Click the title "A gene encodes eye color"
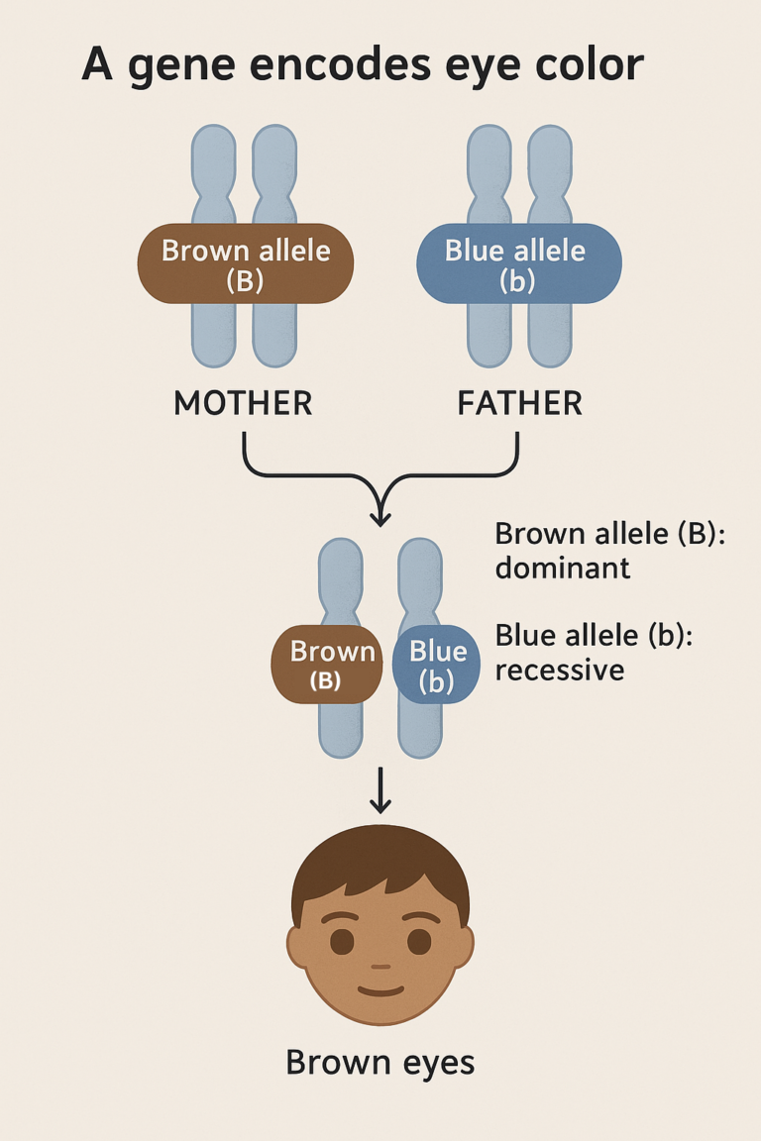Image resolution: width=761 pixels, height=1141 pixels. pyautogui.click(x=363, y=65)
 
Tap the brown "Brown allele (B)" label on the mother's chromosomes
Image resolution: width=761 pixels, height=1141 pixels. pyautogui.click(x=245, y=264)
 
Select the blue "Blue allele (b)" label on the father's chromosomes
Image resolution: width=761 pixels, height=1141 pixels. pyautogui.click(x=518, y=264)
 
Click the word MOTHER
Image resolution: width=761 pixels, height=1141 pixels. pyautogui.click(x=243, y=403)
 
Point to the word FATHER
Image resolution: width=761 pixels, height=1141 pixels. pyautogui.click(x=519, y=403)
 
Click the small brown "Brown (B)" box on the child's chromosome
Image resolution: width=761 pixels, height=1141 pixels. pyautogui.click(x=326, y=665)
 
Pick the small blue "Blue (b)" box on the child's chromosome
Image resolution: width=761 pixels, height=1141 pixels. pyautogui.click(x=437, y=665)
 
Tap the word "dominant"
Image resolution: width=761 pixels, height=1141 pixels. pyautogui.click(x=562, y=569)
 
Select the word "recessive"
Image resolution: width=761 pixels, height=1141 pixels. pyautogui.click(x=559, y=670)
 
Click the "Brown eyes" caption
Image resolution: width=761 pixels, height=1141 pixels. pyautogui.click(x=380, y=1063)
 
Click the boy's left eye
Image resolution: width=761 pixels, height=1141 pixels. pyautogui.click(x=342, y=940)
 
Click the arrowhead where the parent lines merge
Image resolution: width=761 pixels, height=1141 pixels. pyautogui.click(x=380, y=516)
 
